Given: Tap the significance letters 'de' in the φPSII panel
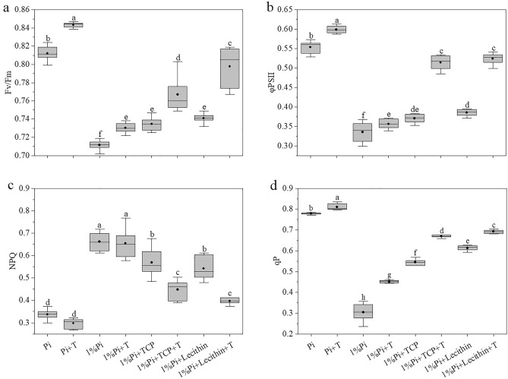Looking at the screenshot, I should pos(415,109).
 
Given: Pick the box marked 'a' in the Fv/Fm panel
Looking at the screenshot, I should pos(73,24).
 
